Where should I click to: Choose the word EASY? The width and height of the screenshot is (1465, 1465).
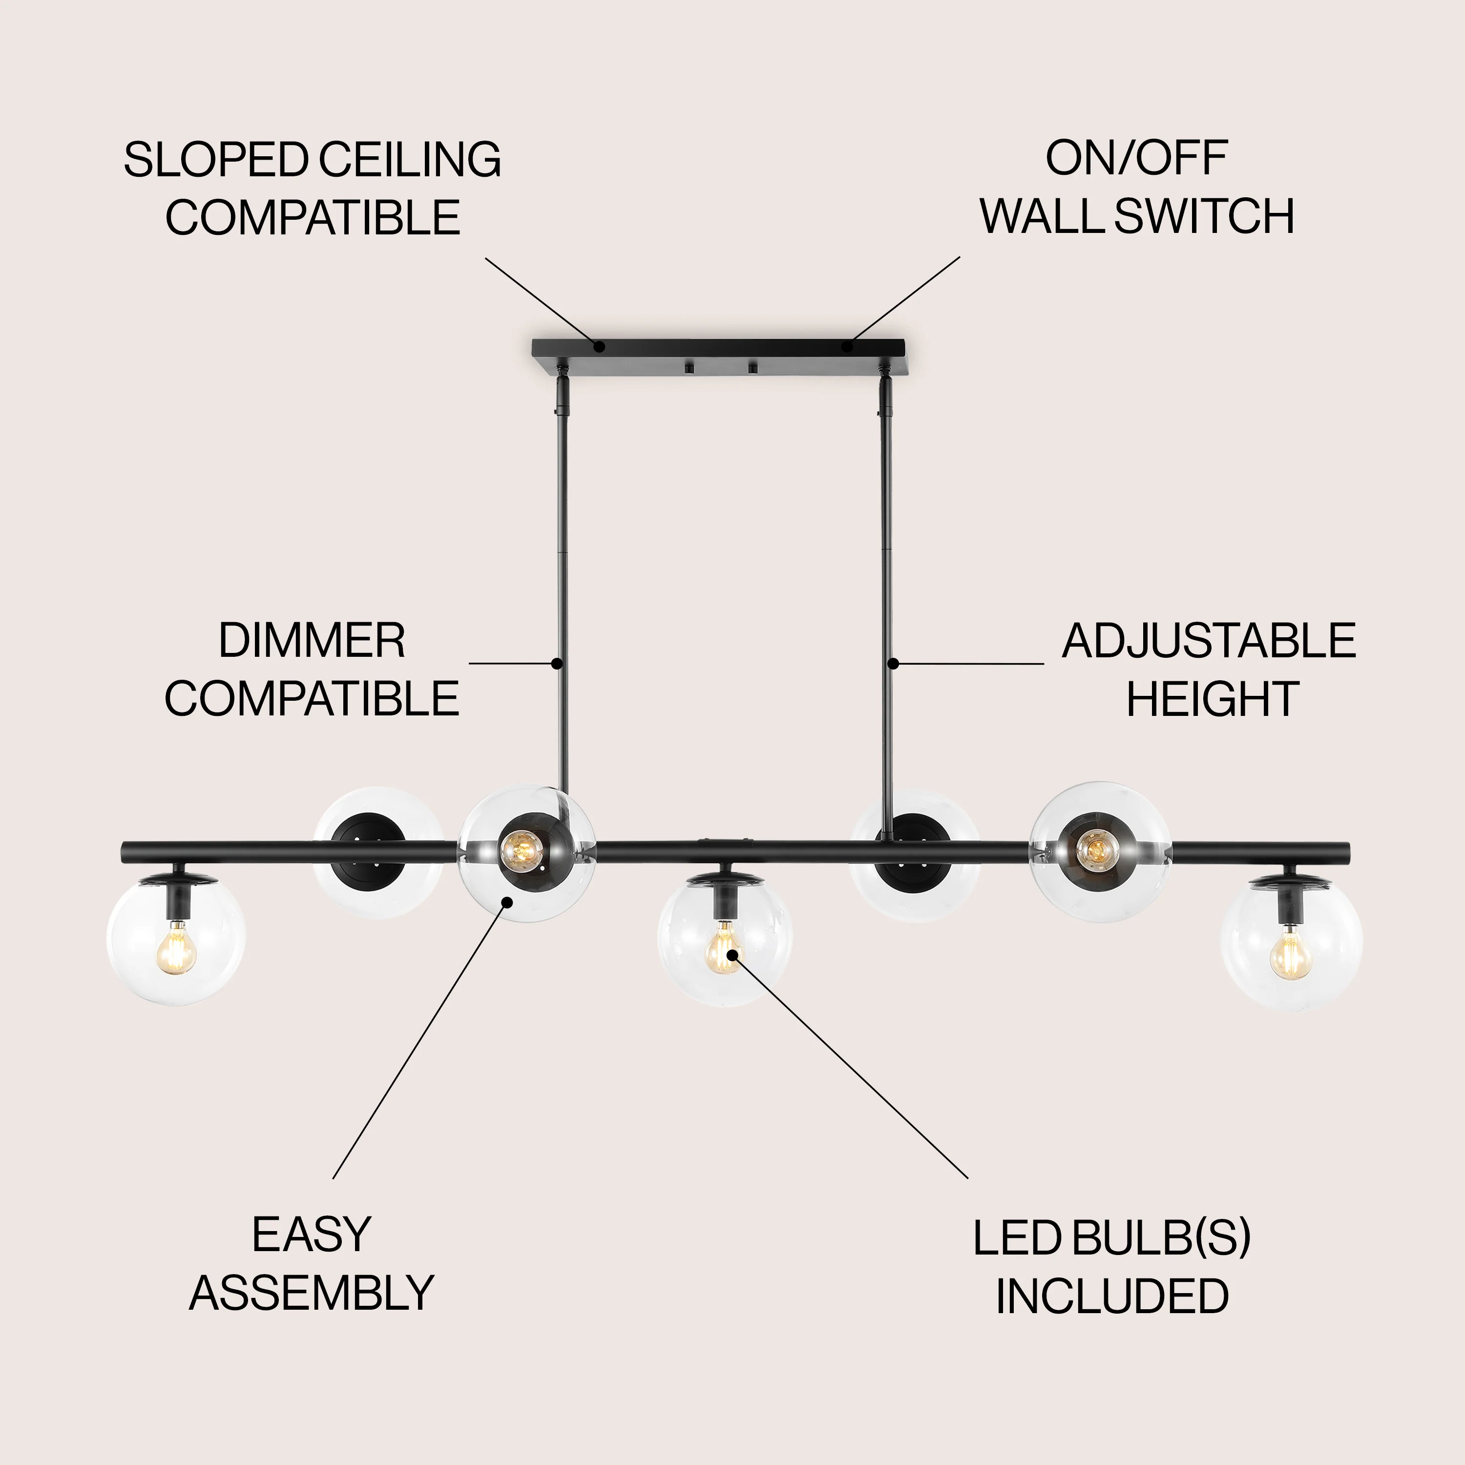pos(311,1235)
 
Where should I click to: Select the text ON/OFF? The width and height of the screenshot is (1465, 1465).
pos(1136,159)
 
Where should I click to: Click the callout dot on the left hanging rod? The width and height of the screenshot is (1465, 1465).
pos(557,664)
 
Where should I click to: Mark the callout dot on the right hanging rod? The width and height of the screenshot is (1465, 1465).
pos(893,664)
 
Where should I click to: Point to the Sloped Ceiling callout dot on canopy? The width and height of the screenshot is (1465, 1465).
pos(599,347)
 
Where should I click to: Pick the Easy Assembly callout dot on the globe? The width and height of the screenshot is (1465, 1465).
pos(508,901)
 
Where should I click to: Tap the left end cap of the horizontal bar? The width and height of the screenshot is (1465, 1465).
pos(125,852)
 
